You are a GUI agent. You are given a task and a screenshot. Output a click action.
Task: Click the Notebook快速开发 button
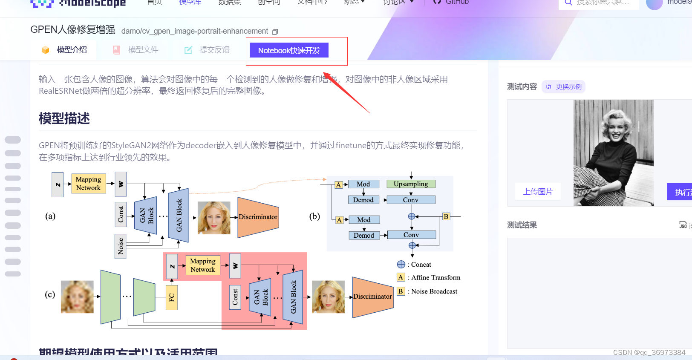point(289,50)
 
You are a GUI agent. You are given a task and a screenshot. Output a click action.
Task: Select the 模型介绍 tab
point(71,50)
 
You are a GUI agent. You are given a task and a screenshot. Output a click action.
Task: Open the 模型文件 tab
point(143,50)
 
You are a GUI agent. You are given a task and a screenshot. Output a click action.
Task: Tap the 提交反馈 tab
point(214,50)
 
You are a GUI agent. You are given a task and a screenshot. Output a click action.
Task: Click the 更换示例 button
point(564,87)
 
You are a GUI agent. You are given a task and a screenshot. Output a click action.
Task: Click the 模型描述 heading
point(64,118)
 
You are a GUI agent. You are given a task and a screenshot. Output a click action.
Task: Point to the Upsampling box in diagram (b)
point(411,184)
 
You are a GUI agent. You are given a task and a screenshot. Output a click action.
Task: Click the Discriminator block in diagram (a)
point(258,217)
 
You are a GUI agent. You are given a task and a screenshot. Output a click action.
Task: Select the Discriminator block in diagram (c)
point(372,297)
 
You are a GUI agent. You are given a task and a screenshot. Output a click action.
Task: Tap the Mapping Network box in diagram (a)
point(88,184)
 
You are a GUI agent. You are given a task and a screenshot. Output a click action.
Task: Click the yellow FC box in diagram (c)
point(171,297)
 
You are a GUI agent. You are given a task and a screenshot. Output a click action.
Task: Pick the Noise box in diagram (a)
point(121,246)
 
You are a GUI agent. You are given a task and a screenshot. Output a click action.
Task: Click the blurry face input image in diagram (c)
point(77,297)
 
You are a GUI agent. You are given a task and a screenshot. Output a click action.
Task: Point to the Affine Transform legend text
point(435,278)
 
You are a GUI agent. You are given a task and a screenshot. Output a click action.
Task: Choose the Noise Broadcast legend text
point(434,291)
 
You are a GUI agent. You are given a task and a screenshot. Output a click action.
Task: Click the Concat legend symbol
point(401,265)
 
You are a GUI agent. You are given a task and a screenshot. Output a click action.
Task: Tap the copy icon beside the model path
point(275,32)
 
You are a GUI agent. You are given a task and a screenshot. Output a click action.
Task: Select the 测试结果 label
point(522,225)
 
